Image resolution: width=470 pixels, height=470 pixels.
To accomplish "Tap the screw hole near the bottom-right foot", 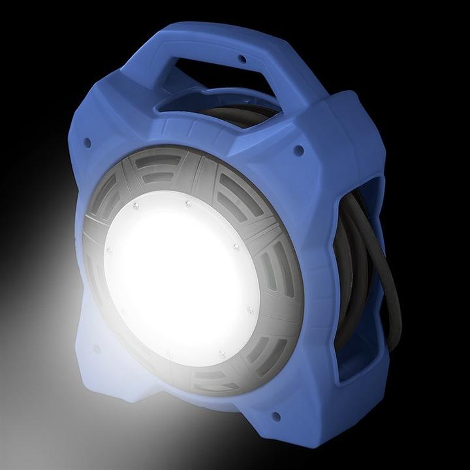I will (x=275, y=416).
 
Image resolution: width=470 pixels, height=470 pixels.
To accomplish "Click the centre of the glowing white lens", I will (x=180, y=274).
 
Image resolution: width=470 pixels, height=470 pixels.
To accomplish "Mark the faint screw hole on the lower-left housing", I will (x=97, y=349).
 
